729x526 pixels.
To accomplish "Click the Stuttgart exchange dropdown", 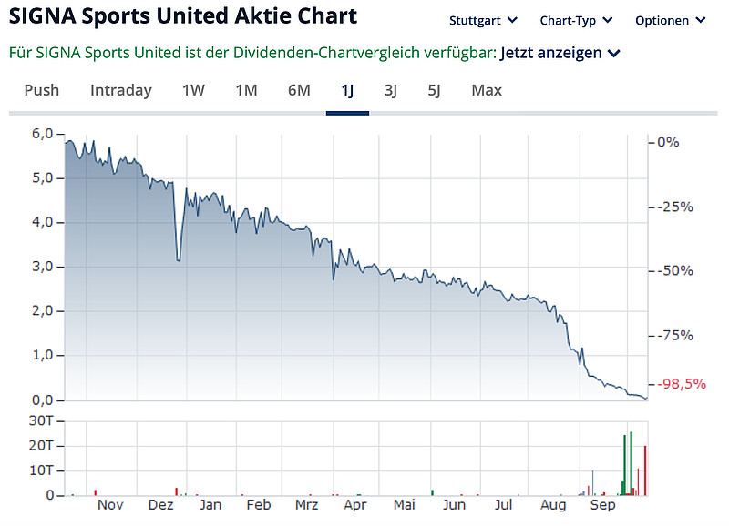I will coord(483,20).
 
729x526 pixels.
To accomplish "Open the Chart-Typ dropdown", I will coord(576,20).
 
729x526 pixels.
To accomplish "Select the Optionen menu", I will coord(670,20).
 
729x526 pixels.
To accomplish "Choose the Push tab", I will coord(42,90).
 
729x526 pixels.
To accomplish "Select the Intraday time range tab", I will coord(121,90).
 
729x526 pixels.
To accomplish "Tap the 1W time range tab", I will coord(193,90).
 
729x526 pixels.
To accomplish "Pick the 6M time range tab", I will coord(299,90).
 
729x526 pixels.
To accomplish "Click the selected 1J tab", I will coord(347,90).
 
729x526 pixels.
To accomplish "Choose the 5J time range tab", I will coord(434,90).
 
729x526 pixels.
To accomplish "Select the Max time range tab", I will coord(487,90).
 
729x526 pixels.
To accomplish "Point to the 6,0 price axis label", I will coord(43,134).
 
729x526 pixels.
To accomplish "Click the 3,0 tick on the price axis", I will coord(43,267).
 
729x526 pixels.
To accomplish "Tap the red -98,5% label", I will coord(682,384).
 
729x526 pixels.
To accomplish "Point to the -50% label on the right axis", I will coord(675,271).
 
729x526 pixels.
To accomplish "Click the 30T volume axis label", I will coord(42,420).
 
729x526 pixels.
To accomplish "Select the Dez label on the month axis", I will coord(160,505).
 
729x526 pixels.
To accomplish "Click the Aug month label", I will coord(553,505).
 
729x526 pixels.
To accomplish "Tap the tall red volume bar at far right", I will coord(645,470).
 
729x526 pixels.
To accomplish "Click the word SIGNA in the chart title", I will coord(41,17).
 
